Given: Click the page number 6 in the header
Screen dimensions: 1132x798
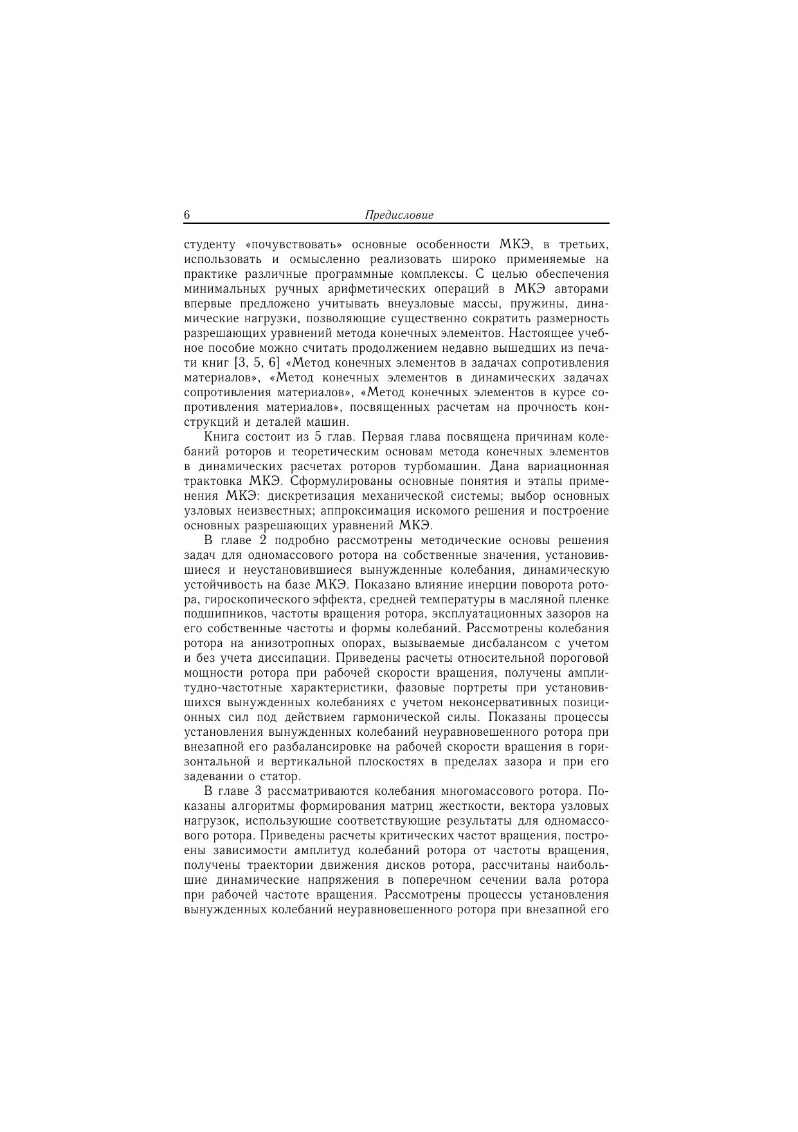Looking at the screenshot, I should (187, 215).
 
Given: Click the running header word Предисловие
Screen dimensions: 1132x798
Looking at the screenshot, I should (399, 215).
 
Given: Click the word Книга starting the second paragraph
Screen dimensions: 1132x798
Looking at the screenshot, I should (221, 437).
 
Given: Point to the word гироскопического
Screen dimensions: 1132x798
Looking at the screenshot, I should (247, 600).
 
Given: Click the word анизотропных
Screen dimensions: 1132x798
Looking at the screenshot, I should (289, 644).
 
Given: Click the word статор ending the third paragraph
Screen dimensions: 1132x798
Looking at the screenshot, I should (284, 777).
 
